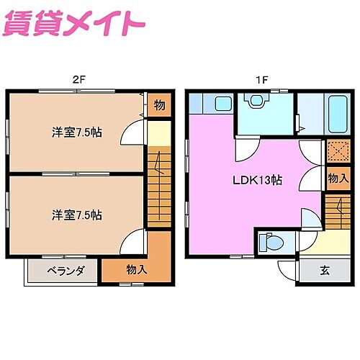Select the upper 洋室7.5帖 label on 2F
click(x=76, y=132)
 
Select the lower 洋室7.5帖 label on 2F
click(x=76, y=215)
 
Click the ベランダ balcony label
click(x=66, y=271)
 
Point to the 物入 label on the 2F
click(x=136, y=270)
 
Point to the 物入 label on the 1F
click(x=338, y=178)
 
